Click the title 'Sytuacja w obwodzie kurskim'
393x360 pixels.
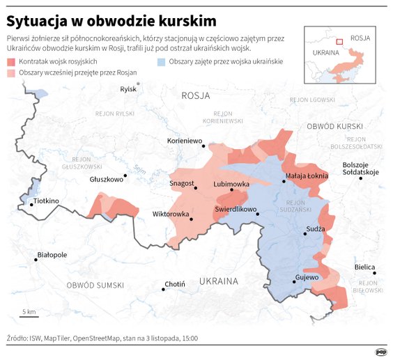coord(111,19)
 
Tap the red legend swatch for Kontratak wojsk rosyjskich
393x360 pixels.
coord(11,62)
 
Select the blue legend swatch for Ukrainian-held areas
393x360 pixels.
coord(162,62)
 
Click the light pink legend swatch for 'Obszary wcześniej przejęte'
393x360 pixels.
coord(11,72)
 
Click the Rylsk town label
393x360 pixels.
coord(128,89)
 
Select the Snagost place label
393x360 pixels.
coord(182,184)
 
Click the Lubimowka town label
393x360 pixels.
coord(231,184)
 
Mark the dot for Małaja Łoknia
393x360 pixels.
coord(284,182)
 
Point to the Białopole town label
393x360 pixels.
coord(52,255)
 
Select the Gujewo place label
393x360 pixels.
coord(307,277)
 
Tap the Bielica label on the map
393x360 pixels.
coord(364,267)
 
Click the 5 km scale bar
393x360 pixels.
coord(29,318)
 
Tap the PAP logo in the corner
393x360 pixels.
coord(381,352)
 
